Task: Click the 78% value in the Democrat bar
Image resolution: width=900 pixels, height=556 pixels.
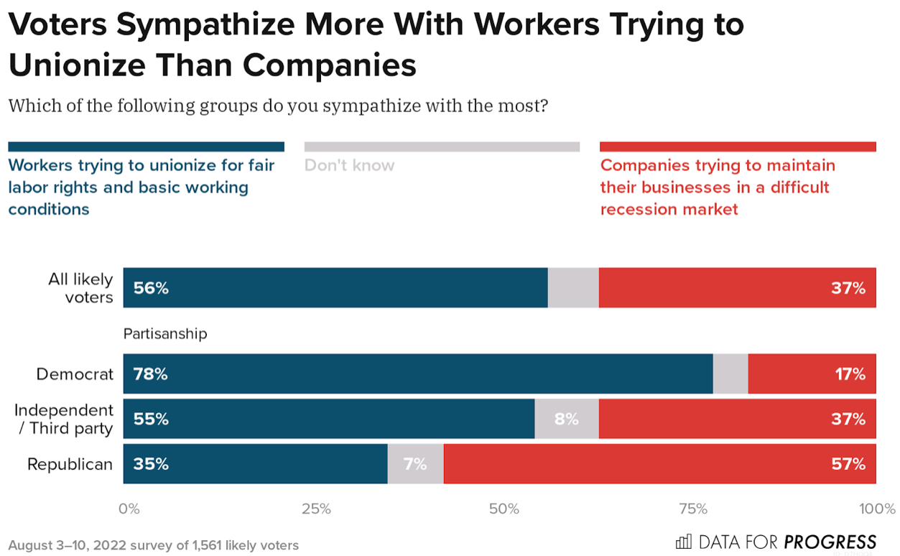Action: [x=150, y=374]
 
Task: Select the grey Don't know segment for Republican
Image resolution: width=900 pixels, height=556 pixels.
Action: [x=415, y=464]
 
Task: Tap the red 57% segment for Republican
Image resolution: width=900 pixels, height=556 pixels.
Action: [x=659, y=464]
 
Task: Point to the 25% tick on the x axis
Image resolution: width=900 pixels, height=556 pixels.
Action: [x=316, y=509]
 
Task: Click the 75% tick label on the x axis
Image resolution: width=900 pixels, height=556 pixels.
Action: [x=693, y=509]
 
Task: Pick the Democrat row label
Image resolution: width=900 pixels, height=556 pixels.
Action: [x=75, y=374]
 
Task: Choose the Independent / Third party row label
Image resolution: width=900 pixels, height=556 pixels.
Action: [x=64, y=419]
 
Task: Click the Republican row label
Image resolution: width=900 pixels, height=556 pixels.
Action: [x=70, y=465]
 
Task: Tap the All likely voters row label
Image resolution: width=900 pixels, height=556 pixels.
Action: [x=80, y=288]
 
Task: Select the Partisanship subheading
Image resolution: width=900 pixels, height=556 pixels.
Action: [x=165, y=334]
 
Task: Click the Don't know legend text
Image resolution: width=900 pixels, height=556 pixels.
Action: [x=349, y=165]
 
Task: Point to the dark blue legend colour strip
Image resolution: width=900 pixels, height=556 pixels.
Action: [x=146, y=147]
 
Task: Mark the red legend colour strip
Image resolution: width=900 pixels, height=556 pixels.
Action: [x=738, y=147]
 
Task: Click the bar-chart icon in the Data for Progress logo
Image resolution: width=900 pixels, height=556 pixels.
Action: [x=684, y=542]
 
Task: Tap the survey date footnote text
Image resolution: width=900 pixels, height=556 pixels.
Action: [x=153, y=545]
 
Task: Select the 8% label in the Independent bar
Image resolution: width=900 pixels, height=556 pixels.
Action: [x=566, y=419]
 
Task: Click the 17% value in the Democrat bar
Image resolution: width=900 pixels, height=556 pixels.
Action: [x=850, y=374]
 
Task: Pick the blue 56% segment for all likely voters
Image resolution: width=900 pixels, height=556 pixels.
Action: [x=335, y=288]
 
